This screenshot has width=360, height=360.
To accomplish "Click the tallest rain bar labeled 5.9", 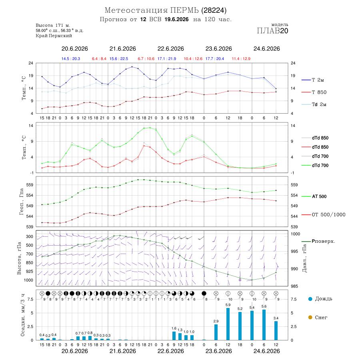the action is pos(228,324).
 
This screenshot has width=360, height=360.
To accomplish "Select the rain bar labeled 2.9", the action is pos(216,332).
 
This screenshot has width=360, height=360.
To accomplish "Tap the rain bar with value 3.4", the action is pos(276,331).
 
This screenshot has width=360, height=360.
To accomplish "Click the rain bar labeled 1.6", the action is pos(174,336).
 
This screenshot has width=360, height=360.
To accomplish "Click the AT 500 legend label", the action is pos(319,196).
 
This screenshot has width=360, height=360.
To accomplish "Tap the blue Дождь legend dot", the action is pos(310,299).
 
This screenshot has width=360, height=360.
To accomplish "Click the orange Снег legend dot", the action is pos(310,318).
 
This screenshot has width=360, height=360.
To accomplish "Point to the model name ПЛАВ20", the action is pos(272,31).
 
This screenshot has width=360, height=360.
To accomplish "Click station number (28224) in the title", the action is pos(214,10).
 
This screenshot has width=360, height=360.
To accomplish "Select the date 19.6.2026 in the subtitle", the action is pos(176,19).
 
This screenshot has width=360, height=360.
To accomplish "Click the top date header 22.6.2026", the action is pos(170,49).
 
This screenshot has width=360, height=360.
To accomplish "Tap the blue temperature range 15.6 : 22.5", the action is pos(119,59).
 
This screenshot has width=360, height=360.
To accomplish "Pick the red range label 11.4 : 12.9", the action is pos(241,59).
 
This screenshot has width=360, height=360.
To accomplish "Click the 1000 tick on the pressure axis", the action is pos(296,234).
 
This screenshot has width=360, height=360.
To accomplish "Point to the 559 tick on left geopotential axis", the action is pos(30,185).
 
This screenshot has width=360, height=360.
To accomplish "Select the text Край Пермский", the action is pos(54,36).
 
